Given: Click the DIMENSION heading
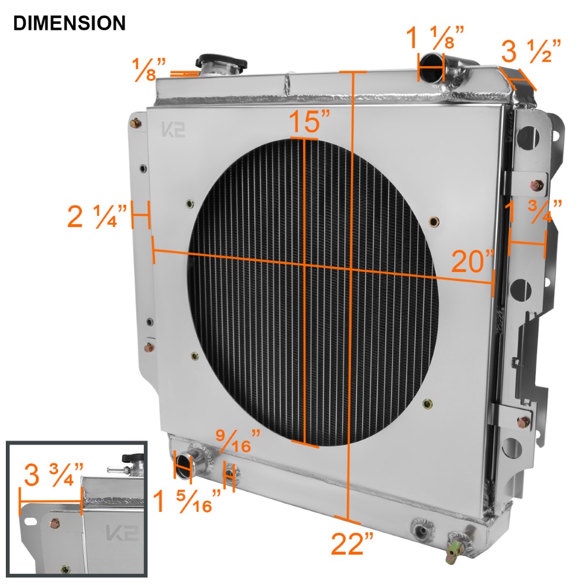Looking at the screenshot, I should (69, 23).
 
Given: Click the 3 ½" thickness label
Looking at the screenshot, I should (531, 52).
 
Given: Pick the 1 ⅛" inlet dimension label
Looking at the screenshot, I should (435, 37).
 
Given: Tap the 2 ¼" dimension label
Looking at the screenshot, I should (97, 217).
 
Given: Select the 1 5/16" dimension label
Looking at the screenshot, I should (187, 501).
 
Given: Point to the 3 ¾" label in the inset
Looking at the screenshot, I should (53, 475).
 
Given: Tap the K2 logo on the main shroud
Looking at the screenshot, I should (173, 130).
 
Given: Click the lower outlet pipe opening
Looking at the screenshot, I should (184, 464).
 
